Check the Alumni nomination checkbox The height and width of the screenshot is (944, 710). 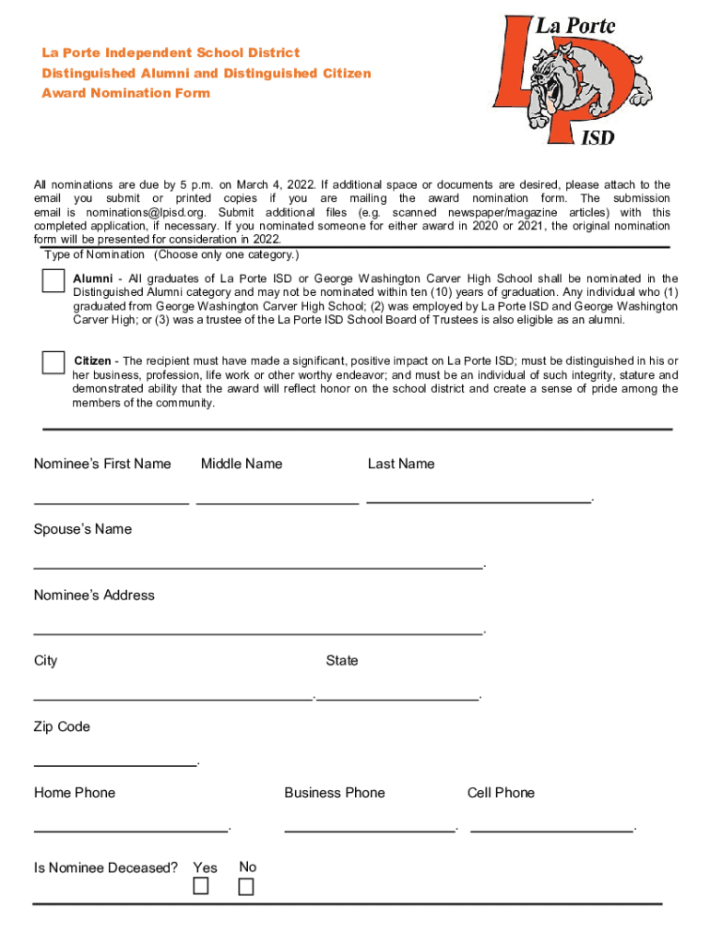(53, 280)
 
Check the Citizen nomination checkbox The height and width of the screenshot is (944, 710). (53, 362)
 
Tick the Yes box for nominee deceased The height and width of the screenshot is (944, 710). (200, 887)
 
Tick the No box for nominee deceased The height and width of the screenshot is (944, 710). (245, 887)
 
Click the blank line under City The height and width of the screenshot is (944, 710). (173, 697)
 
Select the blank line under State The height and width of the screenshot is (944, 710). (398, 697)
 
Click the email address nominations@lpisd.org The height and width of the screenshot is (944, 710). (117, 212)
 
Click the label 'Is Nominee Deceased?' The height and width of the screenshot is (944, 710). (106, 867)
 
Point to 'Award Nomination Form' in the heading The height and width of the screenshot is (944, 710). (125, 93)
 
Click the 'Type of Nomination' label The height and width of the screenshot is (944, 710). (94, 254)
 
